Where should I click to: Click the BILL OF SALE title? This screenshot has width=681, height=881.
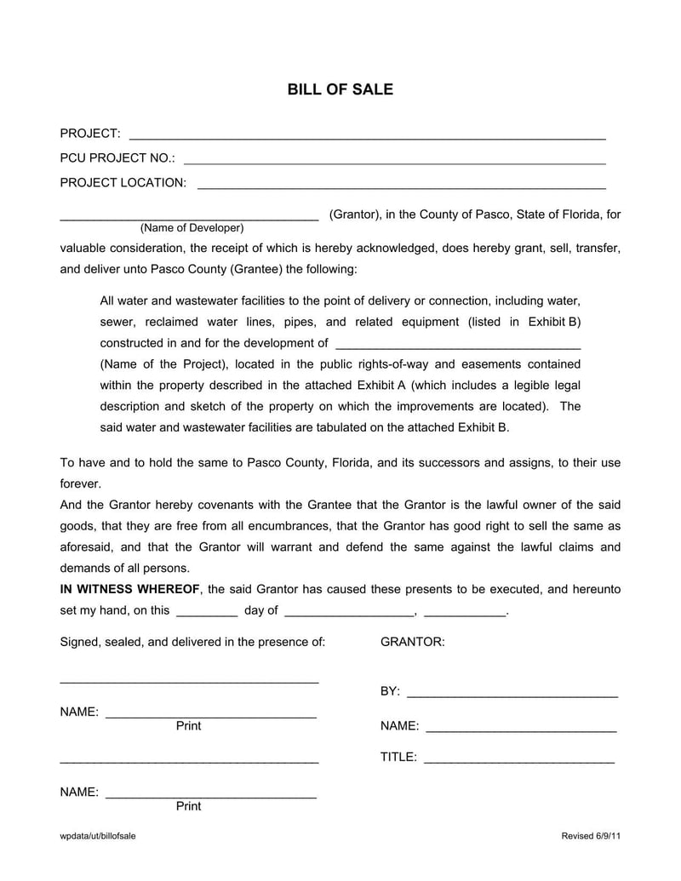coord(340,89)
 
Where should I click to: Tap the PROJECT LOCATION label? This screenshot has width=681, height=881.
coord(123,183)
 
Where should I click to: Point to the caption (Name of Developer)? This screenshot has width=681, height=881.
coord(192,228)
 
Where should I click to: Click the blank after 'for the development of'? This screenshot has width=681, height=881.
coord(459,345)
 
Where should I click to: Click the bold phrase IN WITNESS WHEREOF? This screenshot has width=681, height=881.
coord(130,589)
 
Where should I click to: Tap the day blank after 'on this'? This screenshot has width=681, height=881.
coord(207,611)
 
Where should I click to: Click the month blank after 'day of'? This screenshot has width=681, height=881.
coord(349,611)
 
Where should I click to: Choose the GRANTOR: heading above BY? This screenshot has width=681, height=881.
coord(412,642)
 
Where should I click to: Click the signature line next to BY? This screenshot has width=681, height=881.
coord(512,693)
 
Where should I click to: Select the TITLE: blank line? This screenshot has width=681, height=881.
coord(518,758)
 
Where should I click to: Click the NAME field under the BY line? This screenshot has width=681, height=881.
coord(521,727)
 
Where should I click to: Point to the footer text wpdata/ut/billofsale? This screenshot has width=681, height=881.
coord(98,836)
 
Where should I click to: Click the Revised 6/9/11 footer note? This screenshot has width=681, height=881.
coord(591,836)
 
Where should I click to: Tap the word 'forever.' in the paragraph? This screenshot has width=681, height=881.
coord(81,483)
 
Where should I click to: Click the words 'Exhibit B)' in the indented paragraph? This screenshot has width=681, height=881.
coord(554,322)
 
